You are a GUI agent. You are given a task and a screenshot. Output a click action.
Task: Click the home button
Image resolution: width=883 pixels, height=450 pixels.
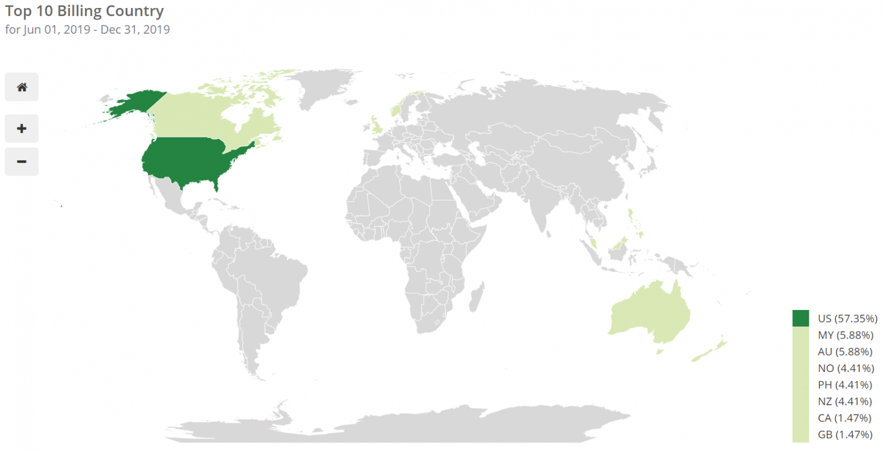tap(22, 87)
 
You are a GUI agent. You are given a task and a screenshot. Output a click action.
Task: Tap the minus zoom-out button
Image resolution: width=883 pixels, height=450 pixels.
tap(22, 161)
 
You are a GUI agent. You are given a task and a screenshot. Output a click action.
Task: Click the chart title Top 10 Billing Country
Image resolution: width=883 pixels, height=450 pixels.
tap(85, 11)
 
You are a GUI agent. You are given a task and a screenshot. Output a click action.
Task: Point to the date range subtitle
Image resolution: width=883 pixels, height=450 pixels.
tap(87, 29)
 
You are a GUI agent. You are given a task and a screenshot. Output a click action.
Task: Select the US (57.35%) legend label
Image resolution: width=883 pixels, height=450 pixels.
tap(846, 318)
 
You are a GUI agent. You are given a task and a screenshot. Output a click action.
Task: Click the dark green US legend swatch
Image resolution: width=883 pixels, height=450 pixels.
tap(800, 318)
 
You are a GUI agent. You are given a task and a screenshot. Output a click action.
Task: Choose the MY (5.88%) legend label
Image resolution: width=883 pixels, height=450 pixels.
tap(846, 335)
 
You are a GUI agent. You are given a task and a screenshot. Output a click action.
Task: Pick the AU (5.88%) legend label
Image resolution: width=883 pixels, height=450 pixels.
tap(846, 351)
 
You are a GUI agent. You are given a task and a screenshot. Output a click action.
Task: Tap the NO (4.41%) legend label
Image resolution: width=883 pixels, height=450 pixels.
tap(846, 368)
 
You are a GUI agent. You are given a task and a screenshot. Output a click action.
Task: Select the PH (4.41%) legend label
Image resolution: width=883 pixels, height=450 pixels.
tap(846, 385)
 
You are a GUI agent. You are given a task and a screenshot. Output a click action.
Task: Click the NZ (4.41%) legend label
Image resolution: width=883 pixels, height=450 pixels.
tap(846, 401)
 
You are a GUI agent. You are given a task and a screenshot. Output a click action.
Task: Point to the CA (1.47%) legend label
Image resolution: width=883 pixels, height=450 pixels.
tap(846, 418)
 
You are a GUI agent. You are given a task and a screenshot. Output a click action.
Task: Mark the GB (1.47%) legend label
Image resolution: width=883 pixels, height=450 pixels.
tap(846, 435)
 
